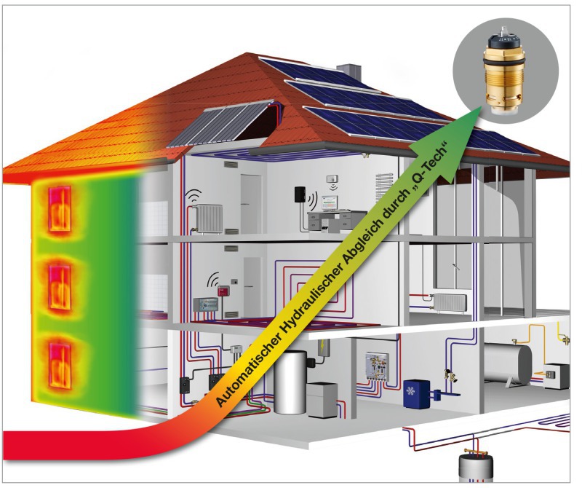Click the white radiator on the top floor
(x=208, y=217)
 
